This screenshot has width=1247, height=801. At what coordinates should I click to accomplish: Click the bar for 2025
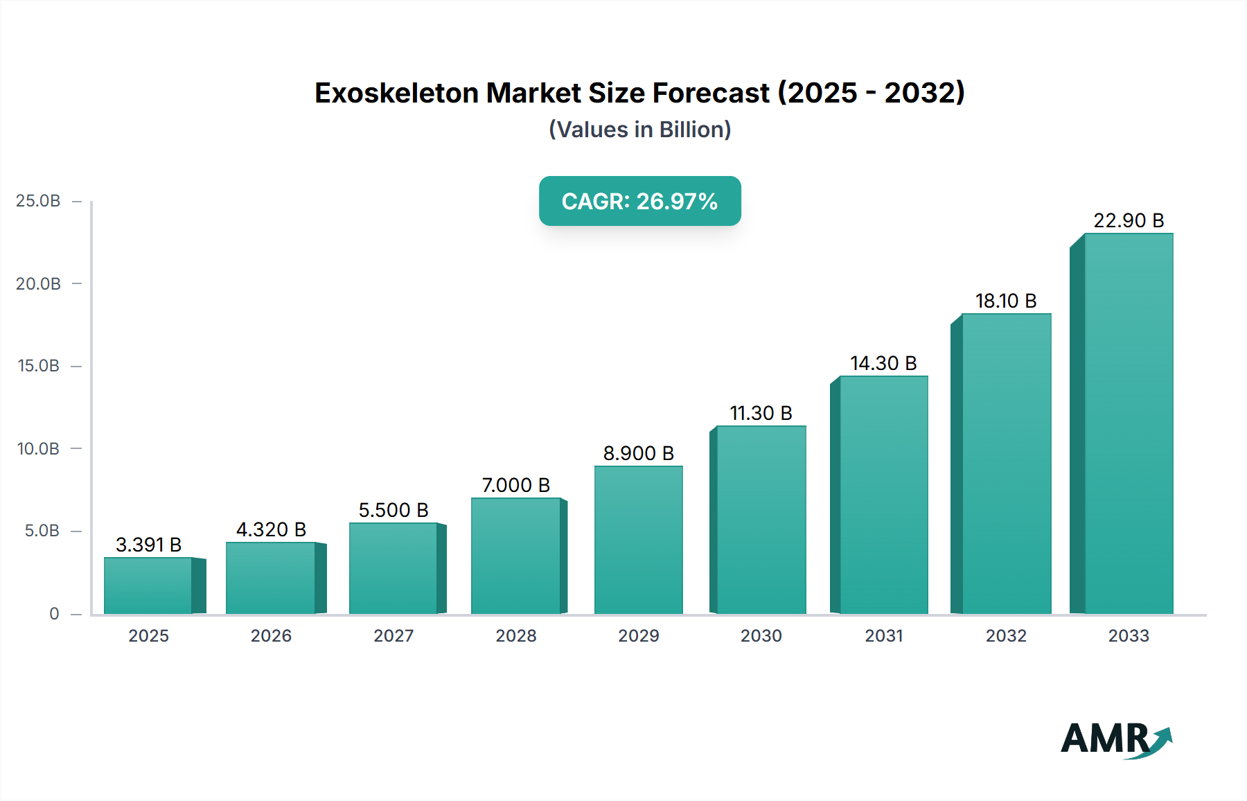[148, 586]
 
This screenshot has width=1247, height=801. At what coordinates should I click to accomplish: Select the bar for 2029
[638, 540]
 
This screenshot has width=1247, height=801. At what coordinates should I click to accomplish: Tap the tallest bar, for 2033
[1128, 423]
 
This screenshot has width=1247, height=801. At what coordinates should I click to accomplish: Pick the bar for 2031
[883, 495]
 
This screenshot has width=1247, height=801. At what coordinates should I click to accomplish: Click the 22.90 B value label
[1128, 220]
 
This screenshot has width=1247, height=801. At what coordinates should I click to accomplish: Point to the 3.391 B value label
[148, 545]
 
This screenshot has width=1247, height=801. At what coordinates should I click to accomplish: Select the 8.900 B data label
[638, 453]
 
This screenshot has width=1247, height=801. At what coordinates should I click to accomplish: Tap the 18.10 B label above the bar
[1006, 301]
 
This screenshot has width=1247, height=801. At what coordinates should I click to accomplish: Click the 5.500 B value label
[393, 510]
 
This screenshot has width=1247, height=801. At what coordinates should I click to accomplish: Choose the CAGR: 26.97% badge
[639, 201]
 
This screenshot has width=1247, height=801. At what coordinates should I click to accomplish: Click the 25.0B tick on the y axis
[38, 201]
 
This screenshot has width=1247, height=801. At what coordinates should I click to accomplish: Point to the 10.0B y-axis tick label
[38, 449]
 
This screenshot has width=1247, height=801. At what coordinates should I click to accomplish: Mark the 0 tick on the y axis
[54, 614]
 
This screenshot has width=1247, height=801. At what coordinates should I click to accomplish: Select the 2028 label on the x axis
[516, 636]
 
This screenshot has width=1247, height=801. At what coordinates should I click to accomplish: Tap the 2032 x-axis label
[1006, 636]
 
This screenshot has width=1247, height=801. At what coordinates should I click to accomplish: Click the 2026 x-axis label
[271, 636]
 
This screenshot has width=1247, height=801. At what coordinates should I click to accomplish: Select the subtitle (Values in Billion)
[639, 130]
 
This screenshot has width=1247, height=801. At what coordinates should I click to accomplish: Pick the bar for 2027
[393, 568]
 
